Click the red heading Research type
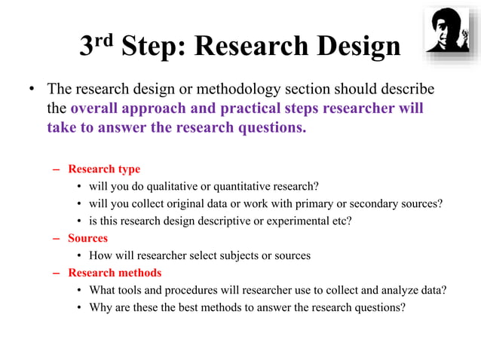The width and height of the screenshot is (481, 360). [103, 169]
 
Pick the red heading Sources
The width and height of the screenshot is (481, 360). [87, 238]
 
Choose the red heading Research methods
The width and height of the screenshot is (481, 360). [115, 273]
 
